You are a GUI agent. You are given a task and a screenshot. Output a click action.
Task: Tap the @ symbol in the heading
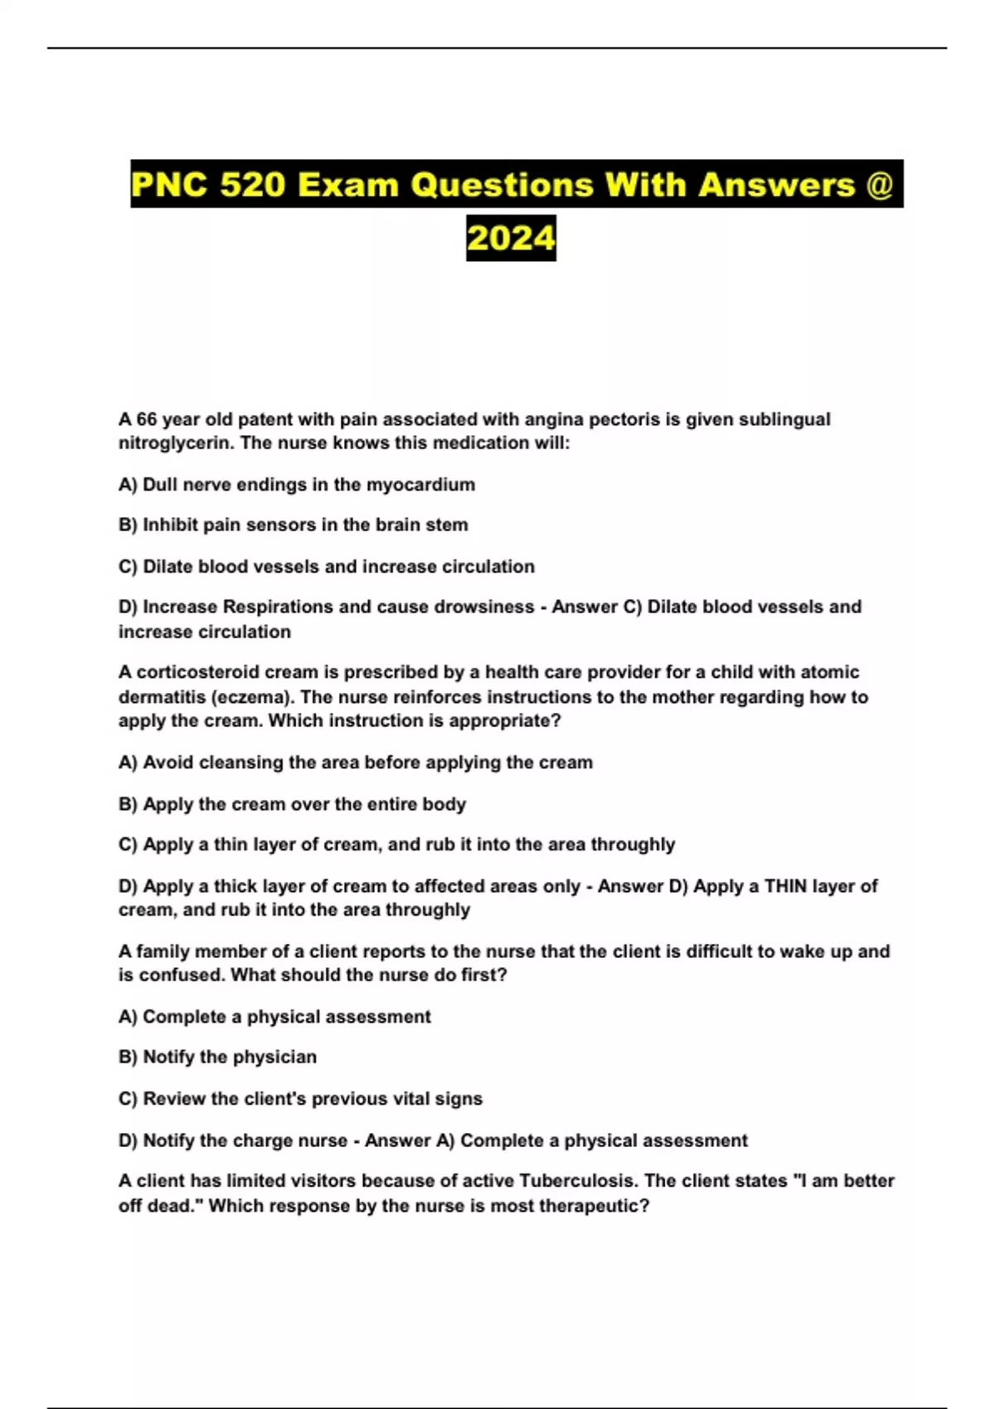coord(879,184)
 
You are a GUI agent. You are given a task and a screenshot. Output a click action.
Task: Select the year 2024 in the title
coord(511,239)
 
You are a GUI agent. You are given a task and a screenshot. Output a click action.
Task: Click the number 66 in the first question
coord(147,419)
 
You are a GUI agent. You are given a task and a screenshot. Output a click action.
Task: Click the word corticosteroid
coord(216,672)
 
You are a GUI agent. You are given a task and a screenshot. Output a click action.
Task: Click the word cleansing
coord(240,763)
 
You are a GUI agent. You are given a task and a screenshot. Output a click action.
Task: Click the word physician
coord(271,1058)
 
